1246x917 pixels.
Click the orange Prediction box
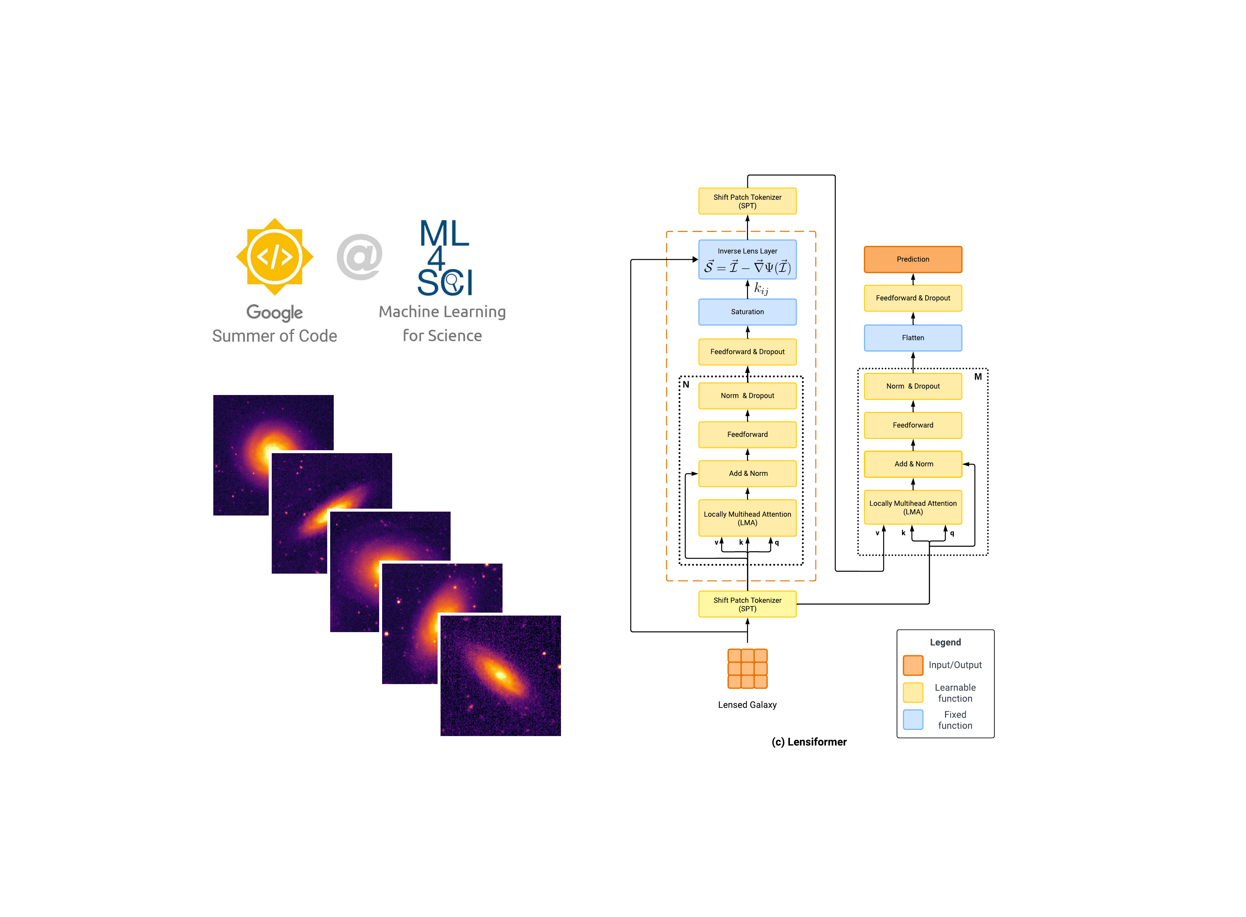pyautogui.click(x=913, y=259)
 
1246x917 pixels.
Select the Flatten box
pyautogui.click(x=913, y=338)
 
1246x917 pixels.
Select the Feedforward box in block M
pyautogui.click(x=913, y=425)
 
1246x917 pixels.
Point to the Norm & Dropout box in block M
pyautogui.click(x=913, y=386)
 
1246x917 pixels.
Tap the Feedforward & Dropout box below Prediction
pyautogui.click(x=913, y=298)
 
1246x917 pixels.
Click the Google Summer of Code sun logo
pyautogui.click(x=275, y=256)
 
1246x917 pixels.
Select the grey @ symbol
pyautogui.click(x=359, y=256)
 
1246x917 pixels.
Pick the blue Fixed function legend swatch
pyautogui.click(x=913, y=720)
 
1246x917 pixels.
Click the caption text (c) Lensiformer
pyautogui.click(x=808, y=742)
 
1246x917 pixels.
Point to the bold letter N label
pyautogui.click(x=686, y=384)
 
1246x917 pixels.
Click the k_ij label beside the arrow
pyautogui.click(x=761, y=289)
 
